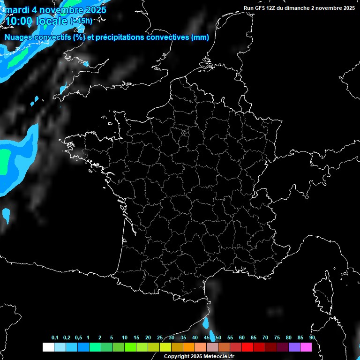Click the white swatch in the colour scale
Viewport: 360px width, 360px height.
coord(48,347)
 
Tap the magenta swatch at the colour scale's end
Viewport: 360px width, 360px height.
coord(306,347)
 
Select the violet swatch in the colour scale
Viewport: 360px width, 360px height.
coord(294,347)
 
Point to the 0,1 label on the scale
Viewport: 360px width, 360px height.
coord(55,338)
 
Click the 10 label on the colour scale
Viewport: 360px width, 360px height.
coord(125,338)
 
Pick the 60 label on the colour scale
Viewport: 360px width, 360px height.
coord(242,338)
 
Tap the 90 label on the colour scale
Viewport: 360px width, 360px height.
coord(312,338)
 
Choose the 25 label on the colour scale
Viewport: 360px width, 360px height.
coord(160,338)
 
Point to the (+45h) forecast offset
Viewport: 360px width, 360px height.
coord(81,21)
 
